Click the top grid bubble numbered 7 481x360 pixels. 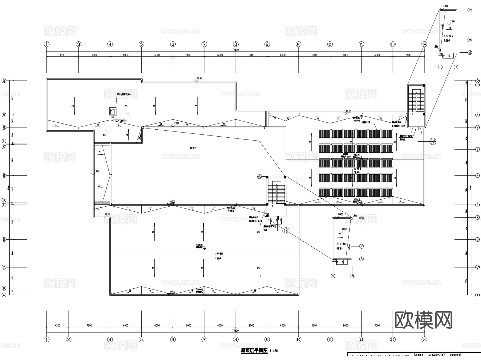pyautogui.click(x=204, y=44)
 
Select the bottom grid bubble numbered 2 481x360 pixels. pyautogui.click(x=69, y=339)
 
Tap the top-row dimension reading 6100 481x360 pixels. pyautogui.click(x=63, y=55)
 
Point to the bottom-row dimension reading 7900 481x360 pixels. pyautogui.click(x=89, y=326)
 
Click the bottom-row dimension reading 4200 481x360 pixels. pyautogui.click(x=57, y=326)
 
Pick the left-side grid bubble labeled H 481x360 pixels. pyautogui.click(x=4, y=176)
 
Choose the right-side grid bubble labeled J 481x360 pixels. pyautogui.click(x=478, y=149)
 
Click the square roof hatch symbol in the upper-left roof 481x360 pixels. pyautogui.click(x=113, y=111)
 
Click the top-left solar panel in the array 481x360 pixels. pyautogui.click(x=324, y=134)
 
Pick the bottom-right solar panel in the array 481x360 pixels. pyautogui.click(x=387, y=192)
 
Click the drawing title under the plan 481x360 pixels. pyautogui.click(x=254, y=350)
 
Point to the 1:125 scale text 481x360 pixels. pyautogui.click(x=274, y=351)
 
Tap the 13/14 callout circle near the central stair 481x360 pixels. pyautogui.click(x=286, y=231)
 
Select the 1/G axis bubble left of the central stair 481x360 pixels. pyautogui.click(x=259, y=177)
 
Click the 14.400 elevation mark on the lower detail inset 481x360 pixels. pyautogui.click(x=340, y=215)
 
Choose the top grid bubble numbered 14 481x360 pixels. pyautogui.click(x=424, y=44)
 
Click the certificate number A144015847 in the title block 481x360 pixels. pyautogui.click(x=436, y=355)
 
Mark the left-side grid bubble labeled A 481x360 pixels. pyautogui.click(x=4, y=295)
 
